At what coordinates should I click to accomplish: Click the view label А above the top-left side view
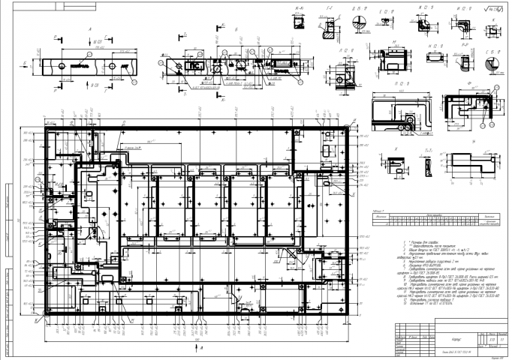[89, 31]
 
